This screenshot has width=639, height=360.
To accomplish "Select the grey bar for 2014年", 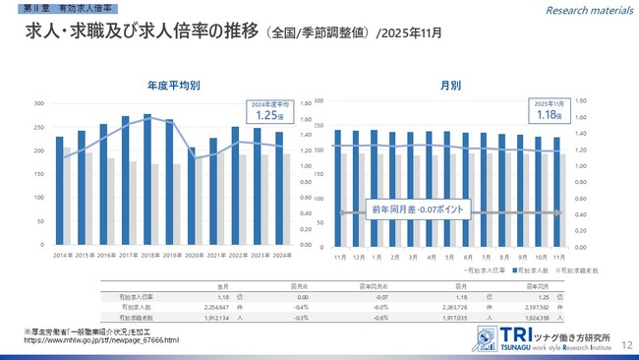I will coord(67,197).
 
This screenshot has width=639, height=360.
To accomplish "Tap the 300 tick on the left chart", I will coord(39,103).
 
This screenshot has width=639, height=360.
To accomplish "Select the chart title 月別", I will coord(451,86).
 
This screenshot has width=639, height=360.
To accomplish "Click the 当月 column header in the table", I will coord(222,284).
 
